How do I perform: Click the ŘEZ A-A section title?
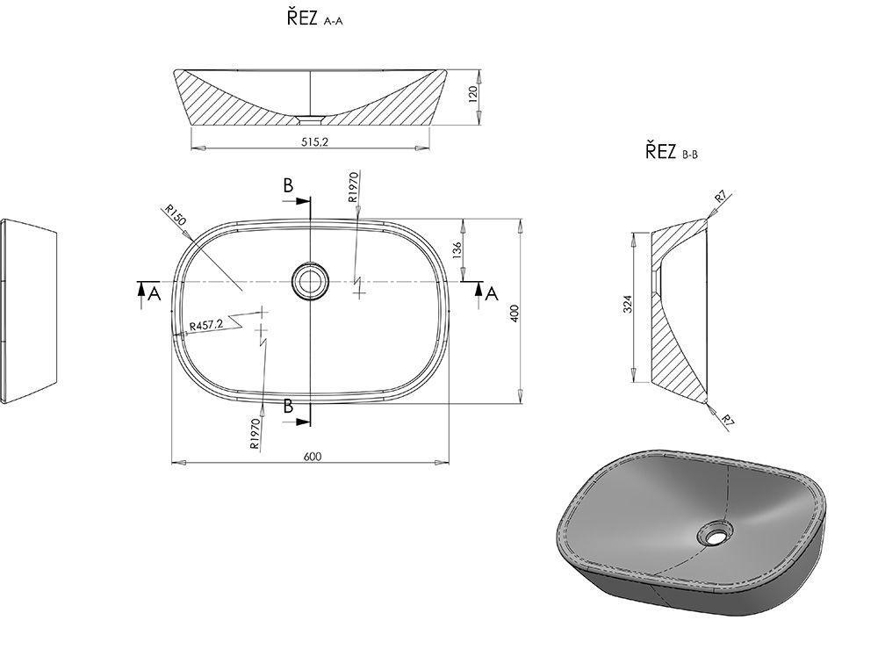(313, 20)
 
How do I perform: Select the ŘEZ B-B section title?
(672, 152)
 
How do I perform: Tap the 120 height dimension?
(471, 93)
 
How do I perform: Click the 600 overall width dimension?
(312, 456)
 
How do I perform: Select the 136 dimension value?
(456, 250)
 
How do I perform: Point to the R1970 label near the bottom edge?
(255, 434)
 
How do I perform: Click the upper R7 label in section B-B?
(720, 198)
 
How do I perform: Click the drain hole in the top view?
(309, 281)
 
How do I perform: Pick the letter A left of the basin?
(155, 294)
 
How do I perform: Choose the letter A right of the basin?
(492, 292)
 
